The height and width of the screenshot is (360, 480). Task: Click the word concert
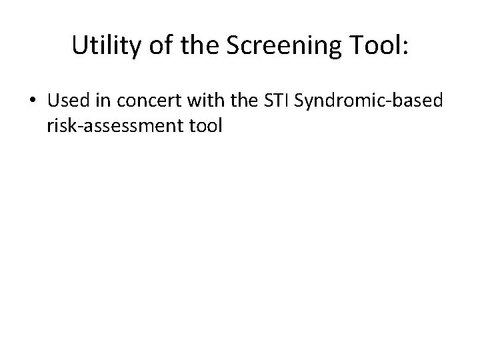tap(139, 101)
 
